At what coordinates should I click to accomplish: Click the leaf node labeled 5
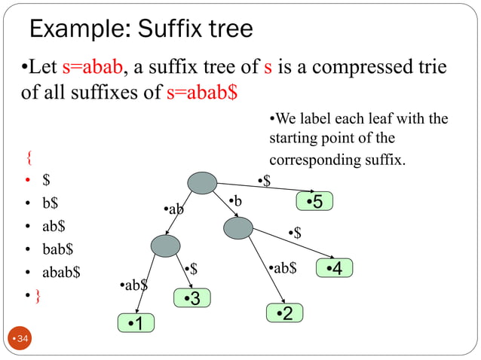314,202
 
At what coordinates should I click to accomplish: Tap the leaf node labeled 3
192,298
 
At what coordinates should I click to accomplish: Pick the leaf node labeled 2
285,313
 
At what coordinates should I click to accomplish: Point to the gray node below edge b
238,227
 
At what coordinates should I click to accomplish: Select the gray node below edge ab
166,246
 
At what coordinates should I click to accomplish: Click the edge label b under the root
236,201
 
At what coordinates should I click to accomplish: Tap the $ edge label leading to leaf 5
265,180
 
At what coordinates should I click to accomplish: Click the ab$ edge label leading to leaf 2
283,267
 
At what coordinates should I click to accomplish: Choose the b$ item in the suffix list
51,203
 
